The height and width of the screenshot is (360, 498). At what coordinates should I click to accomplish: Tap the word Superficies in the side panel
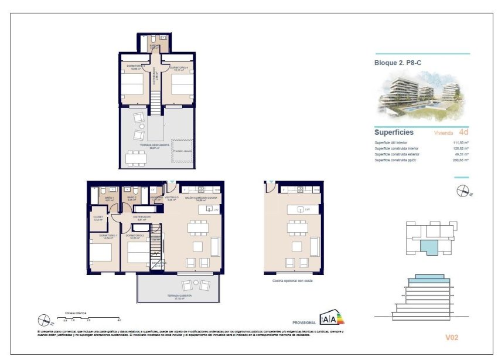pyautogui.click(x=394, y=133)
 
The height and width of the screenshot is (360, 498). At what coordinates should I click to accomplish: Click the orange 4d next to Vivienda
pyautogui.click(x=463, y=132)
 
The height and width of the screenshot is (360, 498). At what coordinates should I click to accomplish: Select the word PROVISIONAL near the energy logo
pyautogui.click(x=303, y=323)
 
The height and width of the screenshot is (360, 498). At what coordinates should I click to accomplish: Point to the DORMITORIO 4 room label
pyautogui.click(x=178, y=68)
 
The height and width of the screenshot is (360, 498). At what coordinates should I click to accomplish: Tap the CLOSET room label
pyautogui.click(x=98, y=218)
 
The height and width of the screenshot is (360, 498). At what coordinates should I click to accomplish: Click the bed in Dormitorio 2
pyautogui.click(x=139, y=254)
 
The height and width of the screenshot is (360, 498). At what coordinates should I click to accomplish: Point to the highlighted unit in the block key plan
pyautogui.click(x=430, y=247)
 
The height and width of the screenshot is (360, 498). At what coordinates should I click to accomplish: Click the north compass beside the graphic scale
pyautogui.click(x=43, y=320)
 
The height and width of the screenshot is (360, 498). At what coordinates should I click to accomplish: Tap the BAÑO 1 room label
pyautogui.click(x=108, y=198)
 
